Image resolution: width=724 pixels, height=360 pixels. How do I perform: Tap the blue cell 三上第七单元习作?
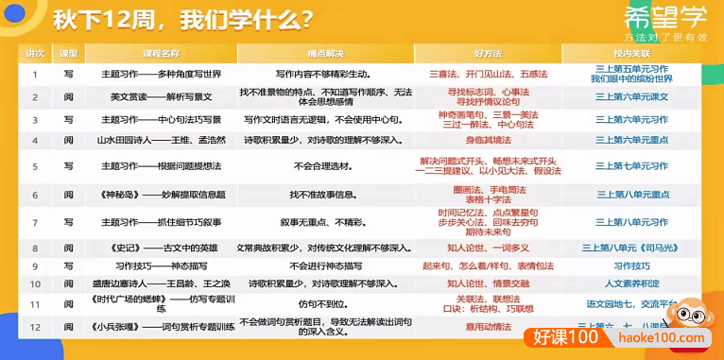[x=631, y=166]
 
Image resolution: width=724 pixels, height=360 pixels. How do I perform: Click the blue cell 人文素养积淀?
[x=631, y=283]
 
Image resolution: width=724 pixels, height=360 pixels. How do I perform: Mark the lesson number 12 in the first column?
[x=35, y=327]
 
